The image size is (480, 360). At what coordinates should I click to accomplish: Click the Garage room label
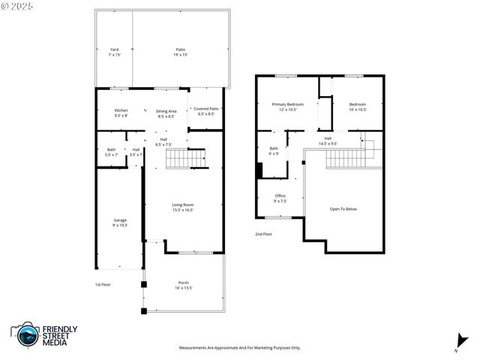(120, 222)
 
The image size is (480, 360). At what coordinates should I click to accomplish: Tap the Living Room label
(183, 207)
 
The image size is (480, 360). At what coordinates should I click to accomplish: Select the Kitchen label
(121, 112)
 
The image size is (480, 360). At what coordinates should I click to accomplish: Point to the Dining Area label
(166, 113)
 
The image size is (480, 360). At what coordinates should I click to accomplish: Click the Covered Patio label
(206, 111)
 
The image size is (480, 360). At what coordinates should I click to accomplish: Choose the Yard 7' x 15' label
(115, 52)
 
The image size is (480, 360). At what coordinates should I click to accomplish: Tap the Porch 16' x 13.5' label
(184, 285)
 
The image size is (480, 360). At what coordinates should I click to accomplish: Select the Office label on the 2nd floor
(279, 199)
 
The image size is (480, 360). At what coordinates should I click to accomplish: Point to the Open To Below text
(343, 208)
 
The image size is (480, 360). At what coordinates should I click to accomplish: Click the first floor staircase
(184, 158)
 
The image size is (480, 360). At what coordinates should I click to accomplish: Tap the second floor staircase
(349, 158)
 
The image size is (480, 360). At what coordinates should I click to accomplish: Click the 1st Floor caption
(103, 284)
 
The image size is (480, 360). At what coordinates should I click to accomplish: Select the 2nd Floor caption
(263, 234)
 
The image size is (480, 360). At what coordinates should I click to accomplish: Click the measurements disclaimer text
(239, 348)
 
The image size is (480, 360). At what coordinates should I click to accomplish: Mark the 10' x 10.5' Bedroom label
(357, 106)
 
